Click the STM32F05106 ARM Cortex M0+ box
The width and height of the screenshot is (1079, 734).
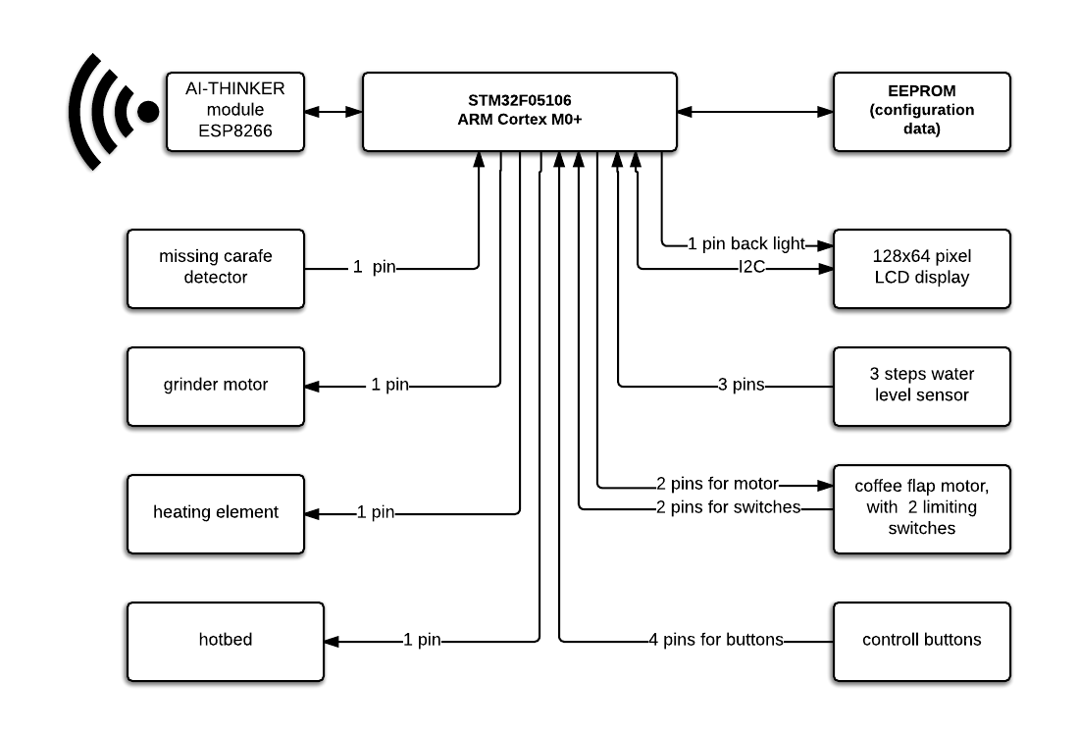pyautogui.click(x=519, y=111)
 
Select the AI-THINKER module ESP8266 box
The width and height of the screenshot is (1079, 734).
pyautogui.click(x=234, y=112)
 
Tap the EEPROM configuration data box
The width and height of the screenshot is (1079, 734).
pyautogui.click(x=921, y=111)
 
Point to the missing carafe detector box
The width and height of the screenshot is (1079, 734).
pyautogui.click(x=216, y=268)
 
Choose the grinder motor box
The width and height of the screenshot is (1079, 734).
pyautogui.click(x=216, y=386)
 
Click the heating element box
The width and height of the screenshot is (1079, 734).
pyautogui.click(x=216, y=512)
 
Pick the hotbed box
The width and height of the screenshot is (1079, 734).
pyautogui.click(x=225, y=641)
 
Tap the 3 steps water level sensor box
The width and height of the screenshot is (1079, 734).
pyautogui.click(x=921, y=386)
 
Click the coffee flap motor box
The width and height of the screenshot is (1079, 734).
pyautogui.click(x=921, y=507)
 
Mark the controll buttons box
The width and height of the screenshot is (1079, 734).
pyautogui.click(x=921, y=641)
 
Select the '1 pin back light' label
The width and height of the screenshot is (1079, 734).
pyautogui.click(x=745, y=244)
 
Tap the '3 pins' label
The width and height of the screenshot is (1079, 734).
pyautogui.click(x=741, y=386)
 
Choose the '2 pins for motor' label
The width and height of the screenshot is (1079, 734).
pyautogui.click(x=717, y=484)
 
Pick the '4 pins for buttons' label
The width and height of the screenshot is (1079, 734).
pyautogui.click(x=715, y=641)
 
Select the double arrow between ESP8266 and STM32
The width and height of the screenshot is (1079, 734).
pyautogui.click(x=333, y=112)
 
